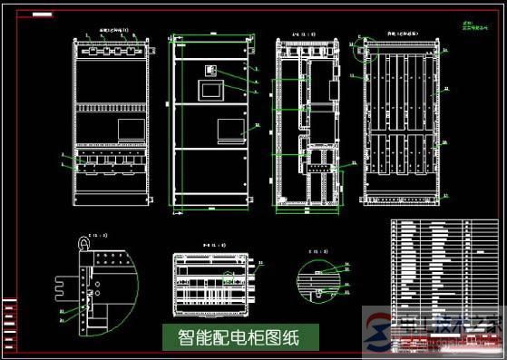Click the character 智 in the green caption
[x=175, y=337]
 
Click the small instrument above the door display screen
[x=211, y=71]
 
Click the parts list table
[x=443, y=264]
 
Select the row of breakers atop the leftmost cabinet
[x=109, y=51]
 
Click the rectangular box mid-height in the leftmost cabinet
[x=130, y=129]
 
